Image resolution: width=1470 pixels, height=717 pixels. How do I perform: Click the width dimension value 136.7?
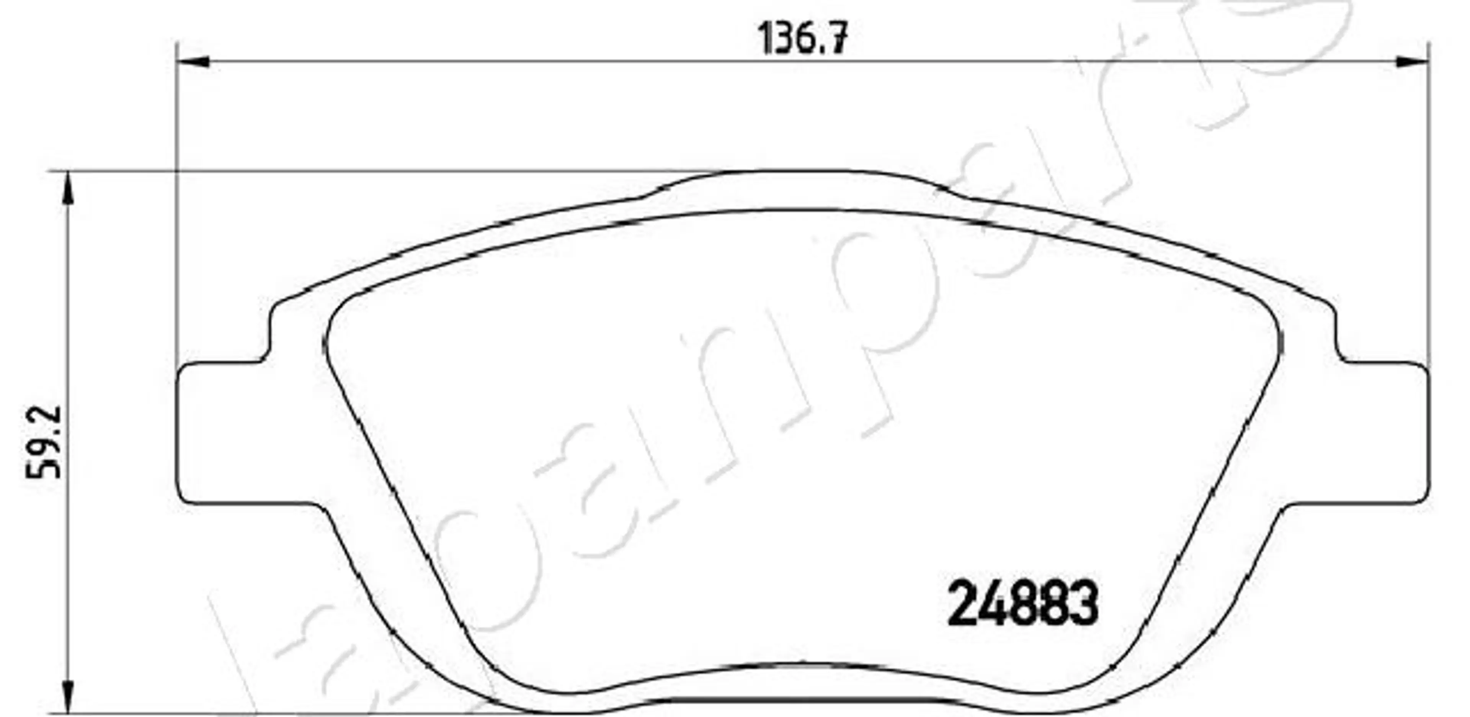(x=803, y=39)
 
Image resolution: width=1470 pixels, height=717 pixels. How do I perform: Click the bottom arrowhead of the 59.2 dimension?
(x=68, y=697)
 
